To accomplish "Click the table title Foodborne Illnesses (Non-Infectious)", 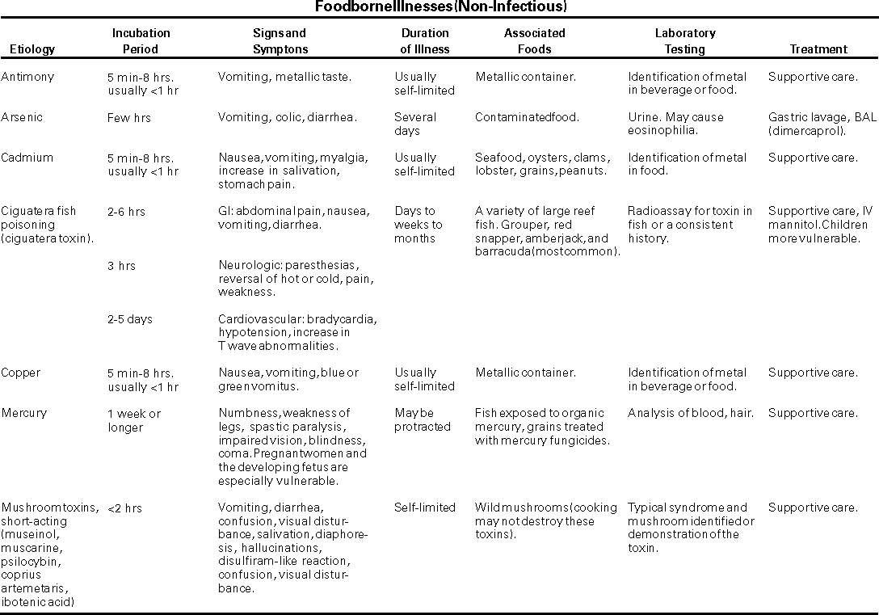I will [439, 7].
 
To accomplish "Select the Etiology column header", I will [32, 49].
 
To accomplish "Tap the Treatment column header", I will [818, 49].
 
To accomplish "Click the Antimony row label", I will [27, 77].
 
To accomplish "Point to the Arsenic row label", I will [22, 117].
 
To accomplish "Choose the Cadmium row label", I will [27, 158].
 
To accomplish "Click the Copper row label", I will [21, 373].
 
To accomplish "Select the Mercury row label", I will [24, 413].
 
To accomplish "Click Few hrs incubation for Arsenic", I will [129, 118].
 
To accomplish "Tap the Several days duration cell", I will [415, 124].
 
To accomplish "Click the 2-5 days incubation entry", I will [130, 319].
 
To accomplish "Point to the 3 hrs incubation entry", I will [121, 265].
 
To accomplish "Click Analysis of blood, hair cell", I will [690, 413].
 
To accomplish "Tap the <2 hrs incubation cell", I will [124, 508].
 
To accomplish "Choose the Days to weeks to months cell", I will [418, 225].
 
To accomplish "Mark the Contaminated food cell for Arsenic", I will [527, 117].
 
